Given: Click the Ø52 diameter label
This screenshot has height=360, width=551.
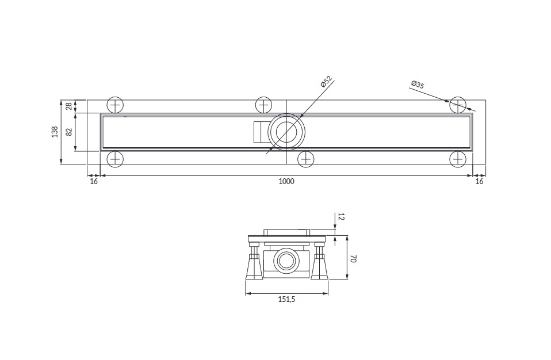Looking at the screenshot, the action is pos(327,82).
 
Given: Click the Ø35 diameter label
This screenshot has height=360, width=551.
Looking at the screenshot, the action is pos(418,85).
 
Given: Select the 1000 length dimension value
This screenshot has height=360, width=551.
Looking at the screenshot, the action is pos(286,182).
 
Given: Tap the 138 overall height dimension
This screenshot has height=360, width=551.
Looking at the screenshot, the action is pos(55,132).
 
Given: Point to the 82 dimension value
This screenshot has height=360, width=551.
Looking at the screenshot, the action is pos(69,132).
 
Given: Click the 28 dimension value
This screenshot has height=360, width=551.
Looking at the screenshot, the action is pos(69,106).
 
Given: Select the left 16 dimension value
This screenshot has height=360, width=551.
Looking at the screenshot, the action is pos(94,182).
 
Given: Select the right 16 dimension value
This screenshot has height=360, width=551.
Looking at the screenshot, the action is pos(479,182).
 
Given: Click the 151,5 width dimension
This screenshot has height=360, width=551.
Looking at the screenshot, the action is pos(287,300).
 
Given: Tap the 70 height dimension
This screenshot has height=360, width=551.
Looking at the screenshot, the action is pos(354,259).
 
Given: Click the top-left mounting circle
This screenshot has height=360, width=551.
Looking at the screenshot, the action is pos(115,105).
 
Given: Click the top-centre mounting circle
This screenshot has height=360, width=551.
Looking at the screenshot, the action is pos(263,105).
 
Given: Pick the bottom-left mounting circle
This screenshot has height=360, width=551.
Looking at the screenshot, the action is pos(115,159).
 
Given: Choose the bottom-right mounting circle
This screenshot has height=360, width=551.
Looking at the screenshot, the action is pos(458,159).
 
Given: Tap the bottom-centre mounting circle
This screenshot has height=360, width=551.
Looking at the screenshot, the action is pos(306,159).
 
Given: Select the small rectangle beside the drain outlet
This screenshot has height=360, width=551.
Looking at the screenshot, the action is pos(261,132).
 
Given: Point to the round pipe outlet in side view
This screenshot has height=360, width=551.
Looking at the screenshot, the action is pos(286,261).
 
